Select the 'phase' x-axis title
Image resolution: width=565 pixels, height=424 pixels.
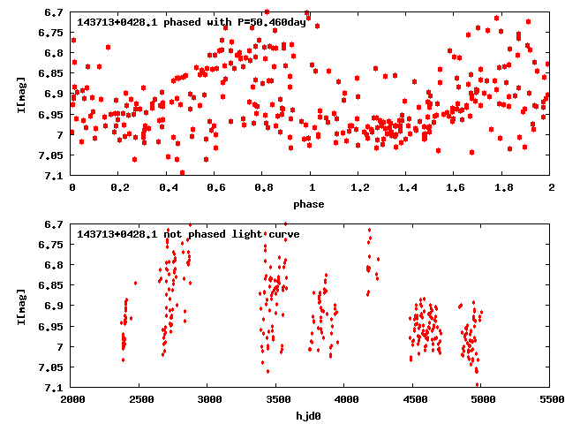coord(309,204)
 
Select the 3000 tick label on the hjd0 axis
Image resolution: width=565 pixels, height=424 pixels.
coord(208,399)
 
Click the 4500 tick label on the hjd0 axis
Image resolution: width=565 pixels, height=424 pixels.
coord(414,399)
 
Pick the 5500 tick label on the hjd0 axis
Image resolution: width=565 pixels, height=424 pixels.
coord(551,399)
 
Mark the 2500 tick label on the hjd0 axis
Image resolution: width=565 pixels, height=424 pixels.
coord(140,399)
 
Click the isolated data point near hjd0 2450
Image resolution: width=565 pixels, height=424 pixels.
coord(135,283)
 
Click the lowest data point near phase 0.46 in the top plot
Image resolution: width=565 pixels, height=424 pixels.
coord(182,172)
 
